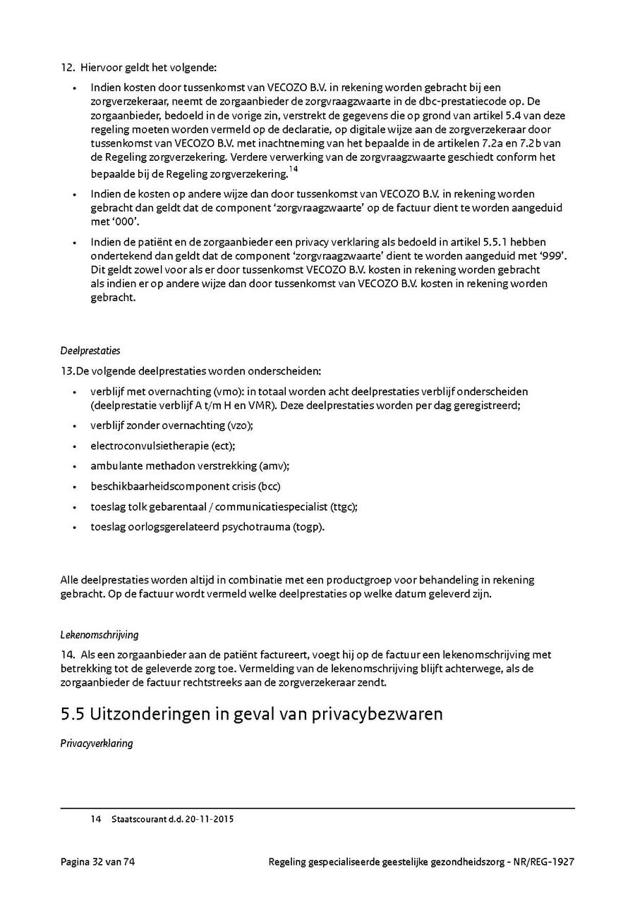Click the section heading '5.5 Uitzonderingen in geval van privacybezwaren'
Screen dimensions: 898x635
pos(251,714)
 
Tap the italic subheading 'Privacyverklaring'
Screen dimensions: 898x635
pos(97,744)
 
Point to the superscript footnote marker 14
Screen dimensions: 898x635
pos(294,169)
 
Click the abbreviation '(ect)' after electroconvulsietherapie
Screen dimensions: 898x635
pos(223,446)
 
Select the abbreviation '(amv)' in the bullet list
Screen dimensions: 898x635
pos(274,466)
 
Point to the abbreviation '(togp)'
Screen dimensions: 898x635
pos(308,527)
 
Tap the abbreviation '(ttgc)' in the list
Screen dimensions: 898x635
pos(344,506)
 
